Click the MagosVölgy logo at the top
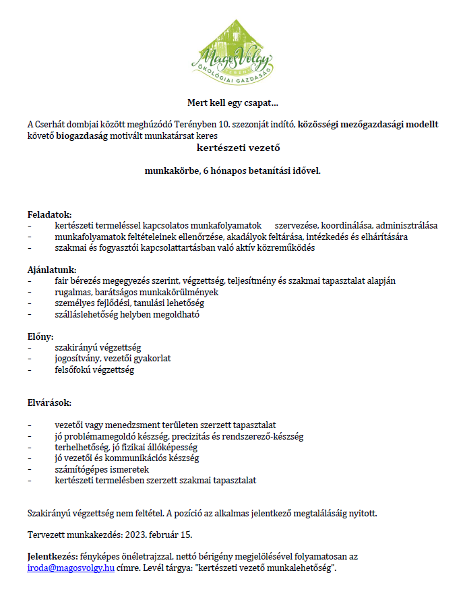point(232,49)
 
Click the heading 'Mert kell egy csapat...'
point(232,103)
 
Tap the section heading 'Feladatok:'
point(49,214)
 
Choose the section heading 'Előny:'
point(40,336)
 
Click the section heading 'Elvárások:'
point(49,402)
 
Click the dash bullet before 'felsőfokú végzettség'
point(30,370)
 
